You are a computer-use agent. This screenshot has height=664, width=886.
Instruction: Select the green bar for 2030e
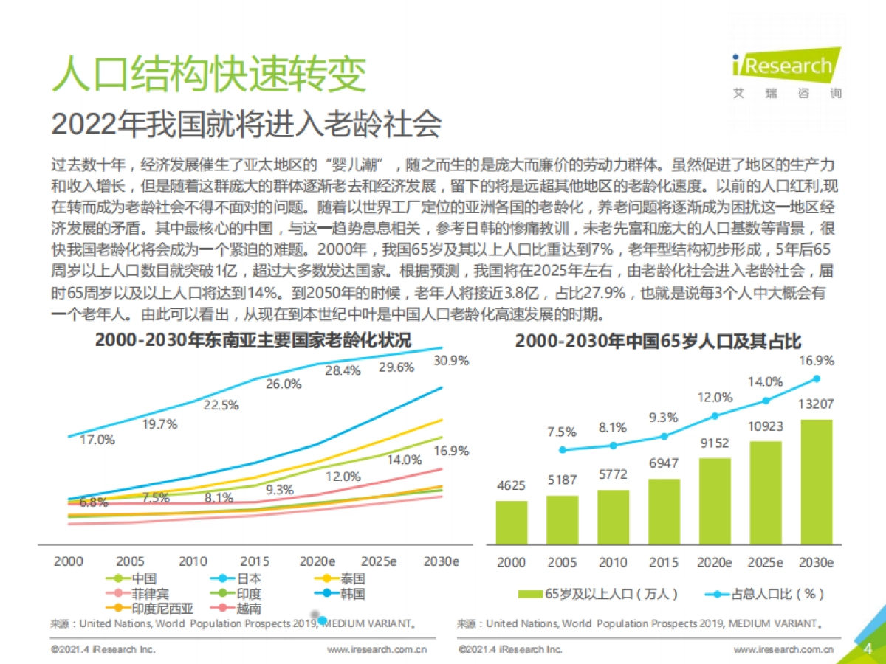817,481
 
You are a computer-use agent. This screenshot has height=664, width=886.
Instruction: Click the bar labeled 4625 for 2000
512,522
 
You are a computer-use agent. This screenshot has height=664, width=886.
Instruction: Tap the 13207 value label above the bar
817,404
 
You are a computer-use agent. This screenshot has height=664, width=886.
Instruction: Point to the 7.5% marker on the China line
563,449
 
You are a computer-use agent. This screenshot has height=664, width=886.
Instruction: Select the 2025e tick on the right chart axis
766,562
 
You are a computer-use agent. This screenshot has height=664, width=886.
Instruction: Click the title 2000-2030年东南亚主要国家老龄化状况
253,340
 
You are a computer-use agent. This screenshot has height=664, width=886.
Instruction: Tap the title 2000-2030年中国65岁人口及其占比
658,341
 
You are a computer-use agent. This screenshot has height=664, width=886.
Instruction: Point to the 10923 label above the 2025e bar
766,426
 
